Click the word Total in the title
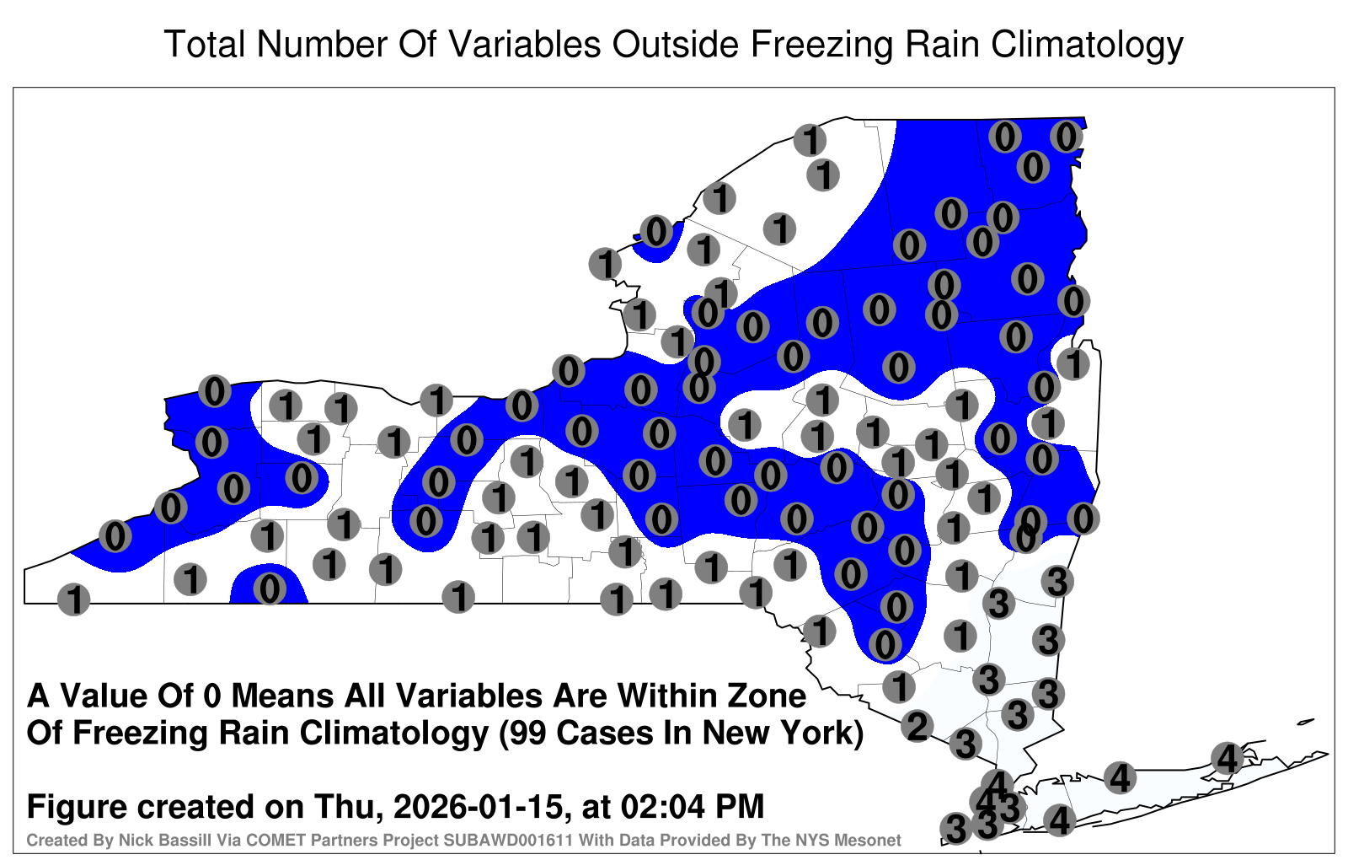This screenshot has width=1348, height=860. pos(205,44)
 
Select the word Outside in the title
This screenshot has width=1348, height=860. pos(675,44)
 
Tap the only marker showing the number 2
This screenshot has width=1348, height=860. pos(917,726)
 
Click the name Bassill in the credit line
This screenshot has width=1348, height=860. pos(140,840)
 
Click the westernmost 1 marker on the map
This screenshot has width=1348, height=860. pos(73,599)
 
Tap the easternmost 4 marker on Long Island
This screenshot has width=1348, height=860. pos(1227,758)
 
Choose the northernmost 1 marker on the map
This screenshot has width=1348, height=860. pos(810,140)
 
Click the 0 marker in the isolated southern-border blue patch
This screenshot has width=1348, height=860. pos(269,589)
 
